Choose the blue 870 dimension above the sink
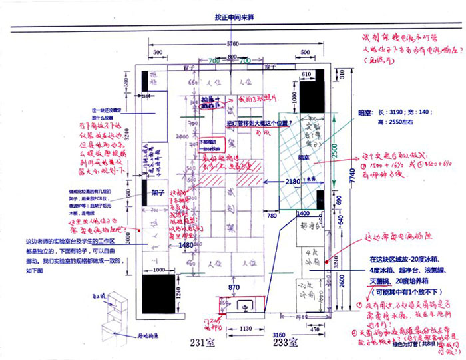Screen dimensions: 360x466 point(233,287)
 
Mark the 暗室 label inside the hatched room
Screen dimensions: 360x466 point(304,156)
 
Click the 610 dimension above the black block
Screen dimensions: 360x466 point(307,75)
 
